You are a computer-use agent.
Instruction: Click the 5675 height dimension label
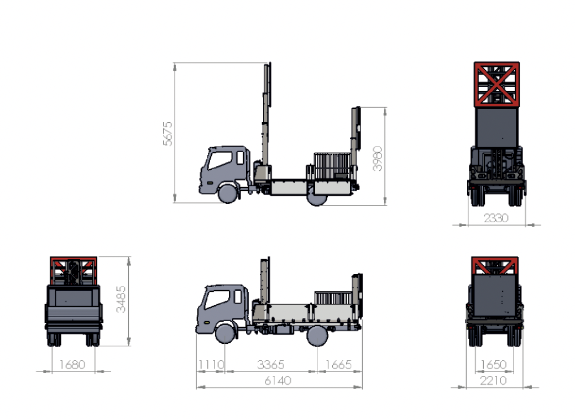point(168,134)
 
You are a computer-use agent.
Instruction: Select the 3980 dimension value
point(377,159)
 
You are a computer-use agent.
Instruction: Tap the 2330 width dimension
point(496,218)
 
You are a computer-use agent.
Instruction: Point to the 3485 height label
point(121,300)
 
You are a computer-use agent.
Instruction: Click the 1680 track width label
point(72,365)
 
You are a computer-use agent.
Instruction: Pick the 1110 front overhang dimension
point(211,365)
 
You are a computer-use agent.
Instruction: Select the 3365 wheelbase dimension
point(270,365)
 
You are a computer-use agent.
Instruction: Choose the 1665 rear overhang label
point(338,365)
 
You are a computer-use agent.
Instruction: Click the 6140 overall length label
point(278,380)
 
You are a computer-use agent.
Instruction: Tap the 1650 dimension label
point(494,365)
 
